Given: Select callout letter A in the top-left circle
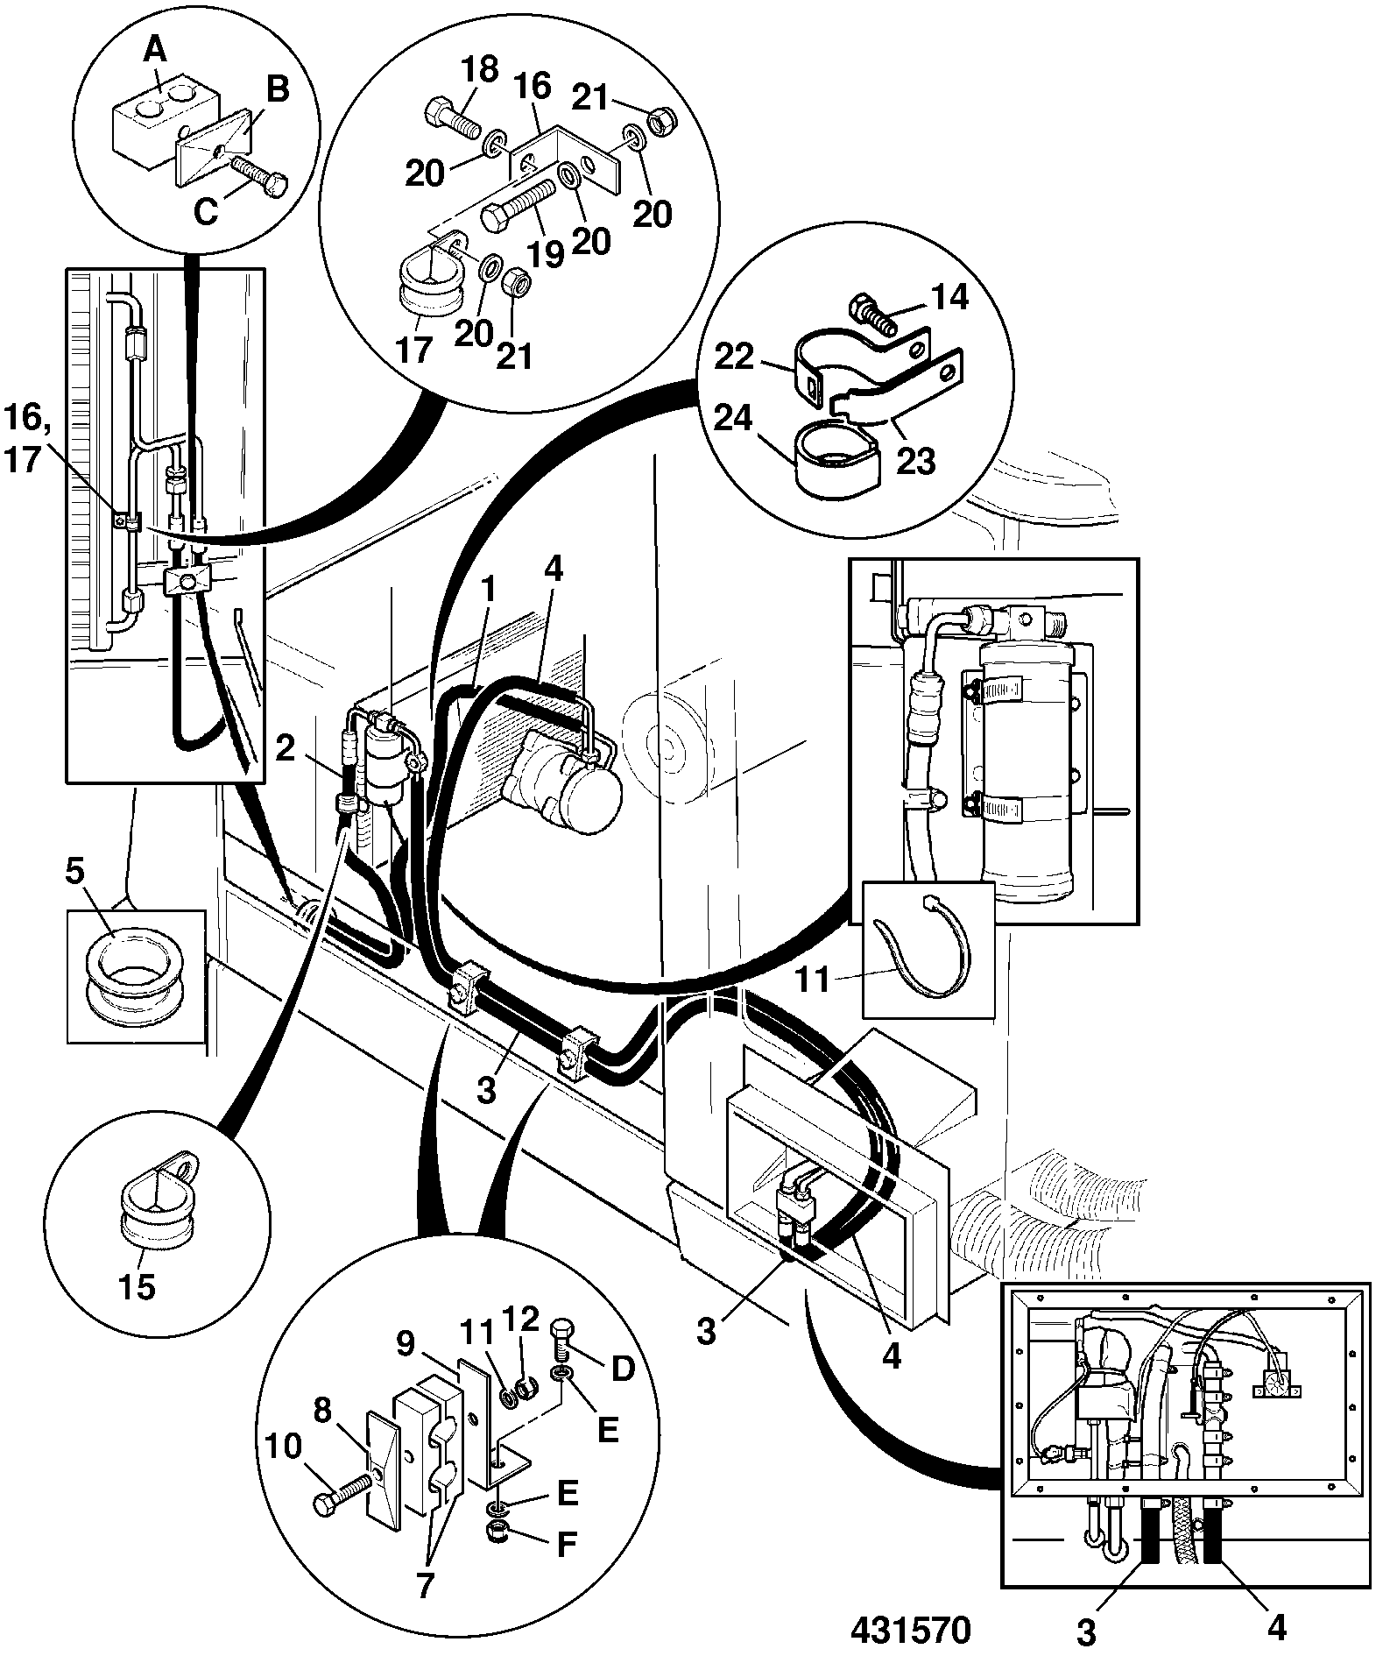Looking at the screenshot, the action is pos(154,52).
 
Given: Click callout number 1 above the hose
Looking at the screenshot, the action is pos(487,590).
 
